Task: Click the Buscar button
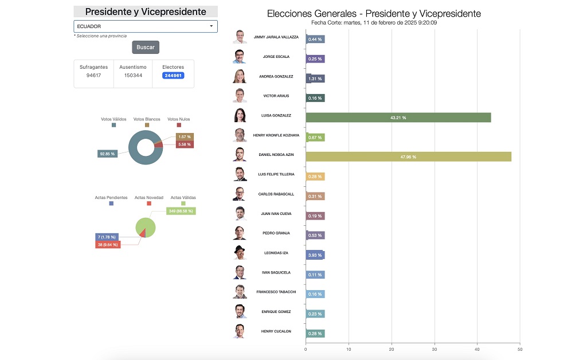145,47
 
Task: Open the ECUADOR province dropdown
145,26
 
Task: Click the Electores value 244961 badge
173,75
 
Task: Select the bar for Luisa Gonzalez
398,118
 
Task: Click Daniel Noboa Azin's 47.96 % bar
408,156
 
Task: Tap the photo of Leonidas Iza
240,252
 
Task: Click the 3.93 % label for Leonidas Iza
315,255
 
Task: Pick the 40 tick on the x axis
477,349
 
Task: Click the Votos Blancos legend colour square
147,125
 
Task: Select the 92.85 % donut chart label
107,154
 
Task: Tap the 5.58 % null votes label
184,144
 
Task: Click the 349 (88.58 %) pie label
181,211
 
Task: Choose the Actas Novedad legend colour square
149,204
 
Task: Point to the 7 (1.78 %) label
107,237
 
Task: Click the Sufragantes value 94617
93,75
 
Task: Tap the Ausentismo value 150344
133,75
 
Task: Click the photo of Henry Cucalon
240,331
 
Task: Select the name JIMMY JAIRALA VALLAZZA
276,37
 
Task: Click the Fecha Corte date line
374,22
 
